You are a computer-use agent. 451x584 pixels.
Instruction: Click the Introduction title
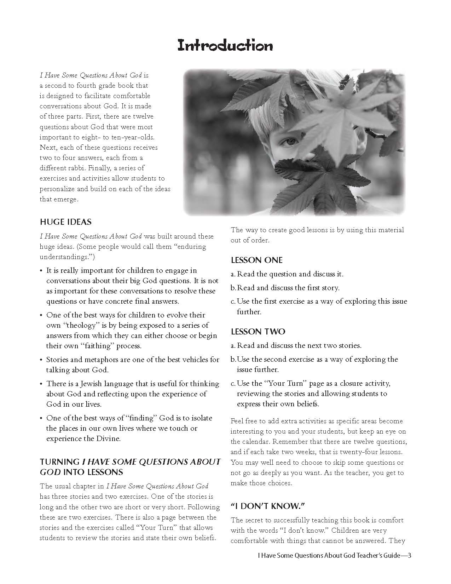pos(225,46)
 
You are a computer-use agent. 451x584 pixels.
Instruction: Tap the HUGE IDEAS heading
pos(65,222)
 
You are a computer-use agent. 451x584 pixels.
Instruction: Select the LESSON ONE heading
pos(256,260)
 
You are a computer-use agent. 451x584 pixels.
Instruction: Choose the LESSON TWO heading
pos(258,332)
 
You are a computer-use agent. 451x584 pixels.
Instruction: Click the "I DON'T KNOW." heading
pos(268,506)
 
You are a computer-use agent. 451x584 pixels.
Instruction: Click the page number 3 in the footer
pos(410,555)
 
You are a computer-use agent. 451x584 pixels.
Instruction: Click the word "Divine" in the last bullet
pos(108,439)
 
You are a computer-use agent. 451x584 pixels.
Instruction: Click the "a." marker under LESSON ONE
pos(233,274)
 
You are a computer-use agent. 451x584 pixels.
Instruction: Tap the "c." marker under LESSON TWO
pos(233,383)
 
